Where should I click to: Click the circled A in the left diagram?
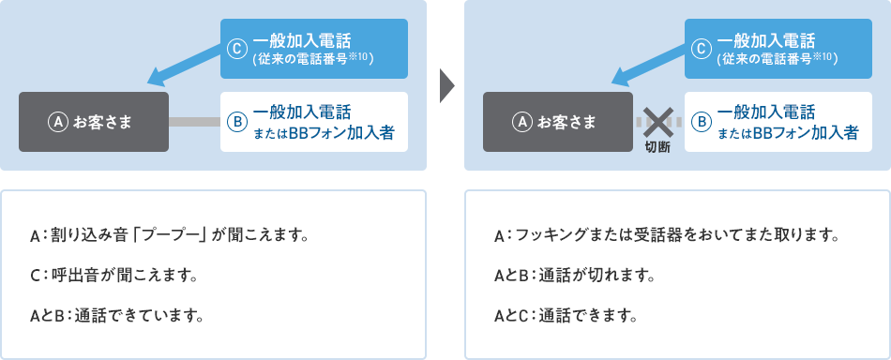57,122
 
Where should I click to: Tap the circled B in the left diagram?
237,122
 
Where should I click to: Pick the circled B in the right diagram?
702,122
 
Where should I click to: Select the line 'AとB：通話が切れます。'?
573,275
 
